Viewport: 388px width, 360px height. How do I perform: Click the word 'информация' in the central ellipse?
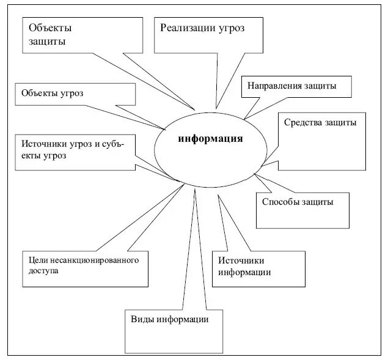[x=210, y=138]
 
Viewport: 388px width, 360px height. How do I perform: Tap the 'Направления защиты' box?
[x=297, y=86]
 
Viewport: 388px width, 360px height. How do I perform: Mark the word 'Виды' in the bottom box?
[x=142, y=320]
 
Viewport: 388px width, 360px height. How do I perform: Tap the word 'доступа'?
[x=43, y=271]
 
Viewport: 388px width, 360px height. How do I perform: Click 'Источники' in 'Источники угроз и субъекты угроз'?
[x=43, y=144]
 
